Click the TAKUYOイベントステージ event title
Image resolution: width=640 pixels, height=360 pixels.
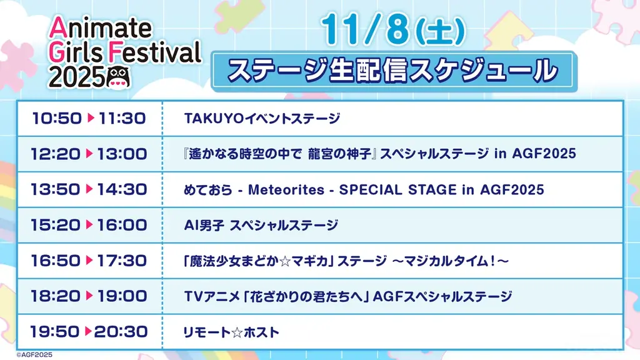pos(262,118)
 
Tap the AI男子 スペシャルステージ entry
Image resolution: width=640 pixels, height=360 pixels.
pos(262,225)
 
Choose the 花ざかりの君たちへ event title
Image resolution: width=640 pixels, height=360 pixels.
pos(348,296)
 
